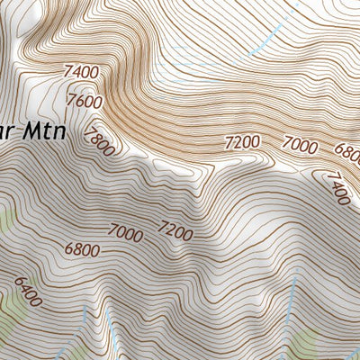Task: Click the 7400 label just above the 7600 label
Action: (x=81, y=71)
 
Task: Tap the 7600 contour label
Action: (x=84, y=103)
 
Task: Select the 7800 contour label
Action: (x=98, y=139)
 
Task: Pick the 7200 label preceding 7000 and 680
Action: (x=241, y=141)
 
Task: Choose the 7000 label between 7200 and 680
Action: (x=300, y=143)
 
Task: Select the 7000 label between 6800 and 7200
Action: (x=124, y=232)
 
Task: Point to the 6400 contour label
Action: (x=26, y=292)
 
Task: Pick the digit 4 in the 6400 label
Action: (x=24, y=290)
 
